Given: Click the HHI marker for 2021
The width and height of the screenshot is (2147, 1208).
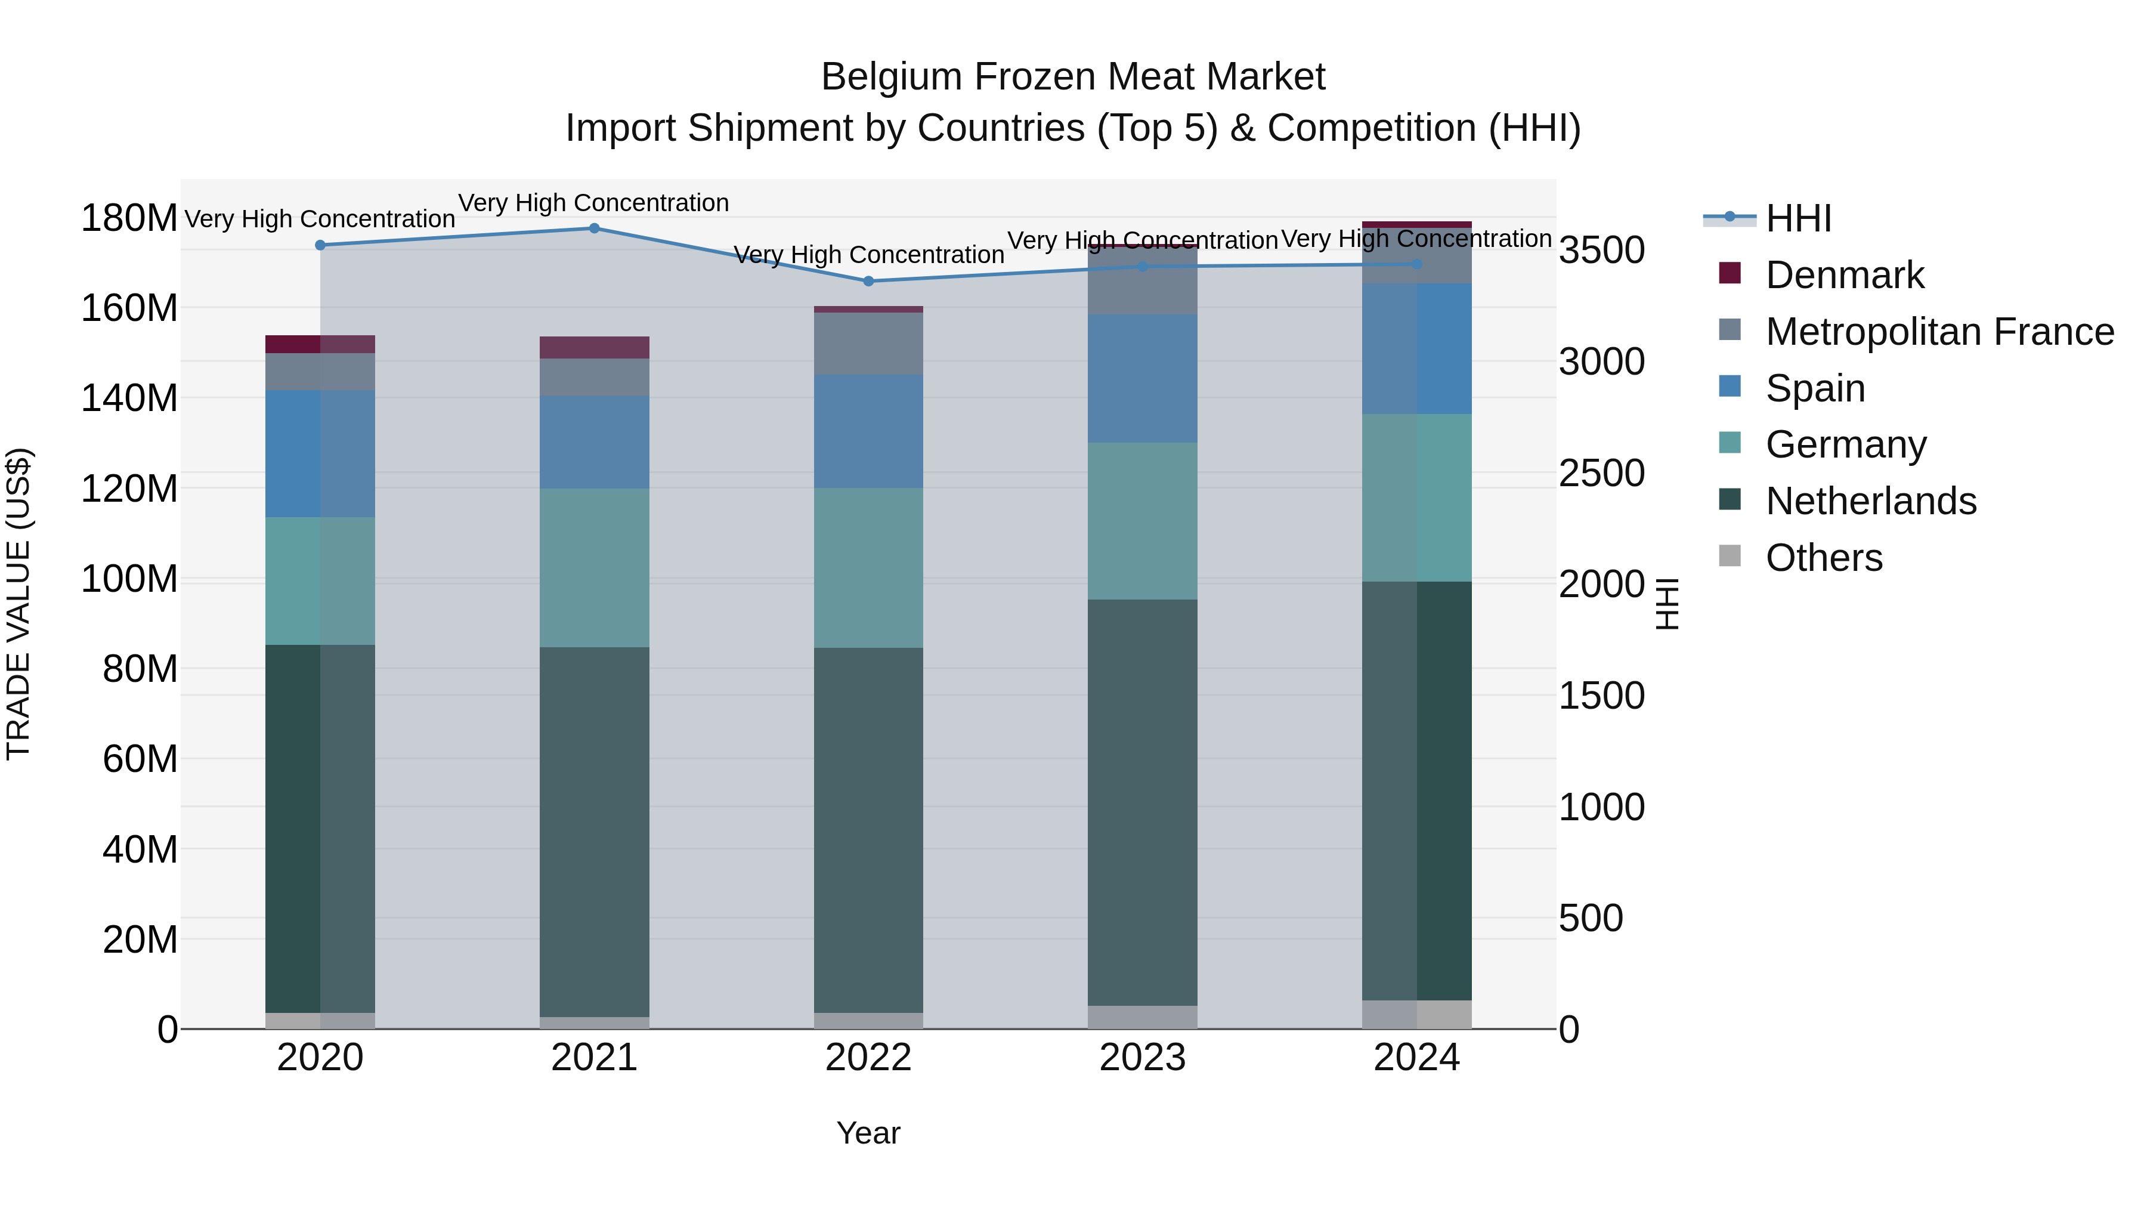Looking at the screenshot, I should (x=594, y=228).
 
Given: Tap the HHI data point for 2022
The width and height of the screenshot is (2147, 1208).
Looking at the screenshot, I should (x=868, y=281).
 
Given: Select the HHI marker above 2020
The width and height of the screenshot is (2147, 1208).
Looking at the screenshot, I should (x=320, y=245).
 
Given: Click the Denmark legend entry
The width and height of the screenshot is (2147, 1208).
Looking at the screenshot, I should (x=1845, y=275).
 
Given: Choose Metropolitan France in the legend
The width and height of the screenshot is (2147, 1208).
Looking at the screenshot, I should (x=1939, y=332).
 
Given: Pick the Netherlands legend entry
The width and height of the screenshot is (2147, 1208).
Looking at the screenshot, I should (x=1870, y=501).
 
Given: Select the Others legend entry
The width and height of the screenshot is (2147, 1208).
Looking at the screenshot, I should (x=1824, y=558).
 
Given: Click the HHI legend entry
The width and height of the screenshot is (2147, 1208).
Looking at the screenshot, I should (x=1798, y=218).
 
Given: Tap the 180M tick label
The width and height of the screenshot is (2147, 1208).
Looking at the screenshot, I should (x=129, y=218).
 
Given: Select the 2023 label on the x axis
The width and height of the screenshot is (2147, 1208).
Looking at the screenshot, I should (x=1142, y=1058).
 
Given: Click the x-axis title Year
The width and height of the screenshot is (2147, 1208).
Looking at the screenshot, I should (x=868, y=1133).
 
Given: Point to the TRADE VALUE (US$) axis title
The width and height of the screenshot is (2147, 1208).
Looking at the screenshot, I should (x=18, y=604).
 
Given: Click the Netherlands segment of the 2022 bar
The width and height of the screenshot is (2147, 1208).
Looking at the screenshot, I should (x=868, y=830).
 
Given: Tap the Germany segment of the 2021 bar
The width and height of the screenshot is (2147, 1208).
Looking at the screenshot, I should (x=594, y=568).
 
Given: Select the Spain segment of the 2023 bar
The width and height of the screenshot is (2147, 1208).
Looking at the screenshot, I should (x=1142, y=378).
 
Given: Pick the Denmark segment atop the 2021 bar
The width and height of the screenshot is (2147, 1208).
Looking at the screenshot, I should (x=594, y=348).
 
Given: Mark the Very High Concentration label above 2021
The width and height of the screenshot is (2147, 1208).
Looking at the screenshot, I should (x=593, y=203).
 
